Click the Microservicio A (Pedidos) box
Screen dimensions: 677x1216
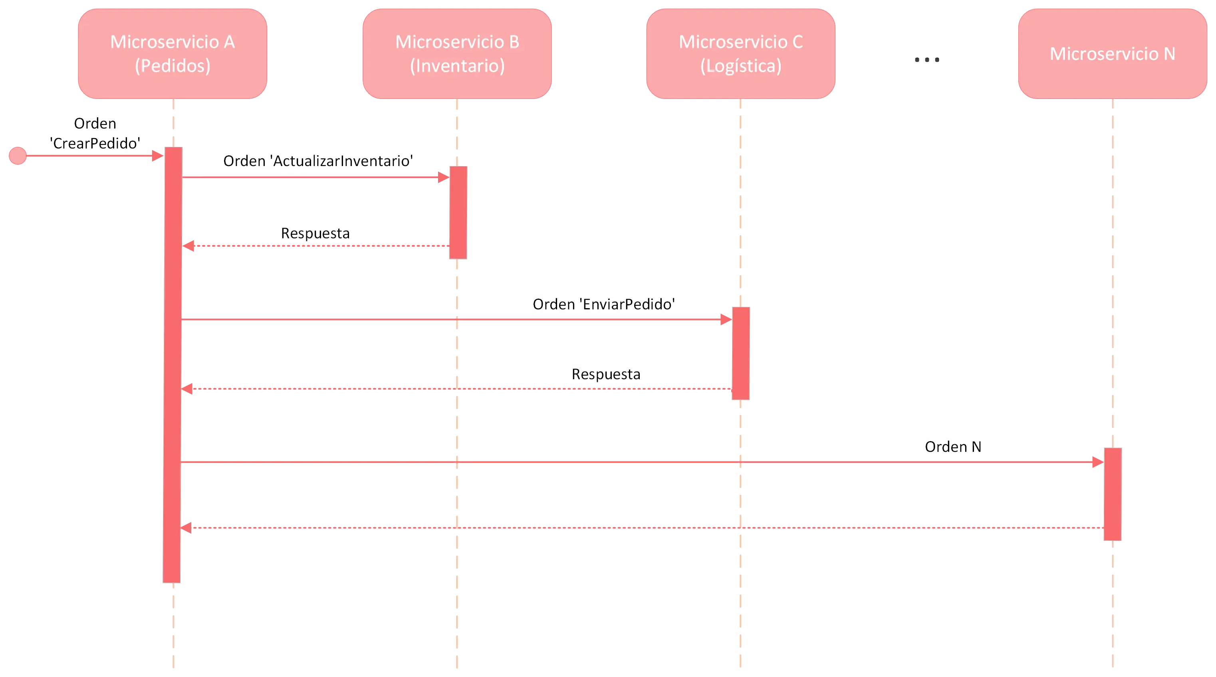point(173,53)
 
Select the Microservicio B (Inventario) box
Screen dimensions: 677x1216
point(457,53)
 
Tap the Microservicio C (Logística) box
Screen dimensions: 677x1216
point(741,53)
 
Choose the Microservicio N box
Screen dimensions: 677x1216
point(1112,53)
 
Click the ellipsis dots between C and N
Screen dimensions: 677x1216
point(926,61)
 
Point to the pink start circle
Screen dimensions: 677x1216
point(18,156)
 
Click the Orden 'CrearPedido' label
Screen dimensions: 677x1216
point(95,133)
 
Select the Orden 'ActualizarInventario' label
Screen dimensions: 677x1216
point(318,161)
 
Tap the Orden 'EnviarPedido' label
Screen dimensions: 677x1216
point(604,304)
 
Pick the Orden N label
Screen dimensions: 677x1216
point(953,447)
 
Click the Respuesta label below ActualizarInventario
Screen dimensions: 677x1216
point(315,233)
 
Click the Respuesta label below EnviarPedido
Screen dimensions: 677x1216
point(606,374)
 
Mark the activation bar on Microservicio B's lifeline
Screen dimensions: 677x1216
point(458,212)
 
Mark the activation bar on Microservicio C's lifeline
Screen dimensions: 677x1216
point(741,354)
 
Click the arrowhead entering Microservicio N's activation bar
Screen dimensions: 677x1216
point(1096,462)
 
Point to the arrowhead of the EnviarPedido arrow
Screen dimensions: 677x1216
point(725,320)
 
